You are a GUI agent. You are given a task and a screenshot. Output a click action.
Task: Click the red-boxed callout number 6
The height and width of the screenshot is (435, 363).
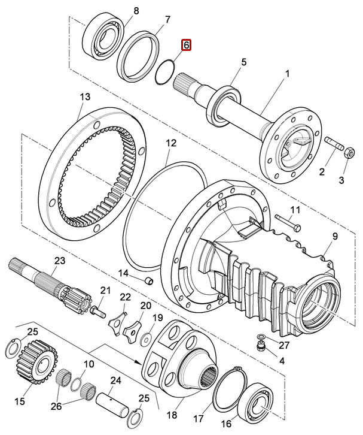(186, 45)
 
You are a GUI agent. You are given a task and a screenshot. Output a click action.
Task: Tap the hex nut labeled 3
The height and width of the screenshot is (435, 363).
(349, 152)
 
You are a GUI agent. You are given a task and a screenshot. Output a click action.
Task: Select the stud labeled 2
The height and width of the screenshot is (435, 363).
(334, 143)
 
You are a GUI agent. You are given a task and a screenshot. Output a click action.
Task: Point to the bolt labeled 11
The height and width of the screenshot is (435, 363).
(288, 223)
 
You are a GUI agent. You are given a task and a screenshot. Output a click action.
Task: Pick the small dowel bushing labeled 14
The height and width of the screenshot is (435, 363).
(149, 281)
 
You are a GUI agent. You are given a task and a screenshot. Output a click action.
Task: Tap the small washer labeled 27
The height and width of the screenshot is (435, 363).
(261, 337)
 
